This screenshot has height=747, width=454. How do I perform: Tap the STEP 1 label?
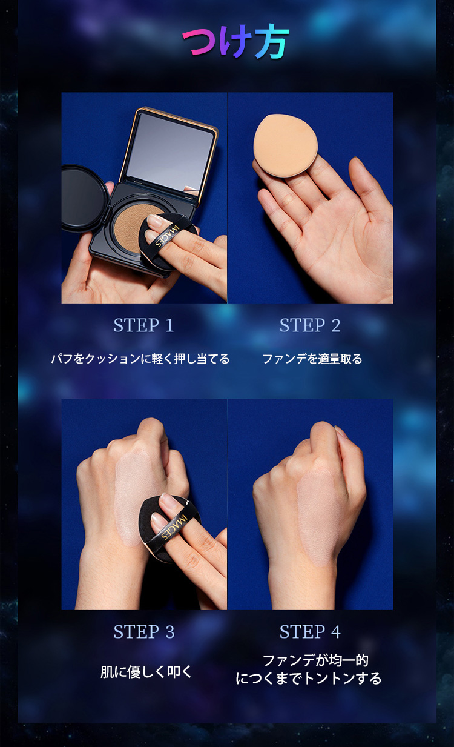click(143, 325)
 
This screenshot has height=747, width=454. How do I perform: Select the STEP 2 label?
click(310, 325)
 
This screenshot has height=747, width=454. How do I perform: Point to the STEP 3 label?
click(144, 632)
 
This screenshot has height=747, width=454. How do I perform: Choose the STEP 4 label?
click(310, 632)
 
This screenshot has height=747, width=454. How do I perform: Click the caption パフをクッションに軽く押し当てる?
click(140, 359)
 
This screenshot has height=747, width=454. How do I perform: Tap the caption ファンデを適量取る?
click(312, 359)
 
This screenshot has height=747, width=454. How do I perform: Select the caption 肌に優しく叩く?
click(146, 672)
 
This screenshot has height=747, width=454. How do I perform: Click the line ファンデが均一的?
click(315, 660)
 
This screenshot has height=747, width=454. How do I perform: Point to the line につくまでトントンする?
click(309, 679)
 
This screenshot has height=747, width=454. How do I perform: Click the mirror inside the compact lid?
click(170, 151)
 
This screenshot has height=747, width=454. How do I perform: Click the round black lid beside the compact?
click(84, 198)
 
